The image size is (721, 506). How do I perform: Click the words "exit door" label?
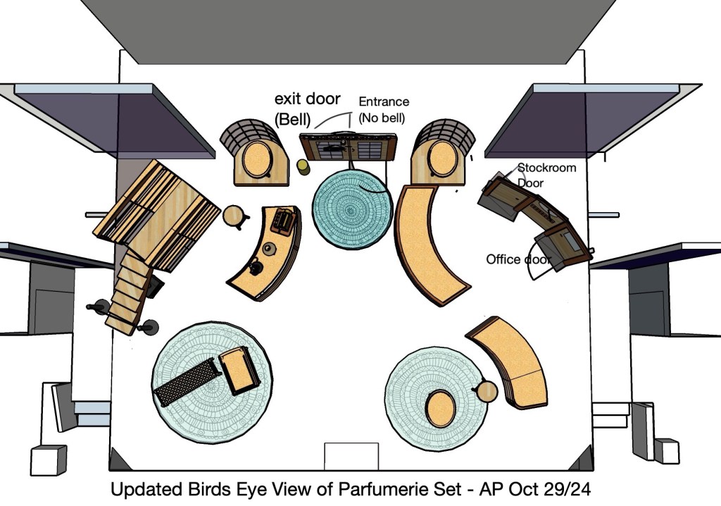[x=308, y=99]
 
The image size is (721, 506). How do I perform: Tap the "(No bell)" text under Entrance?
[x=383, y=118]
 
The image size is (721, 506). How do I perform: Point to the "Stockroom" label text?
[x=546, y=168]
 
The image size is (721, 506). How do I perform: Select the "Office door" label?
[x=518, y=259]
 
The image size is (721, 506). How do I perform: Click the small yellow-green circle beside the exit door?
[x=303, y=166]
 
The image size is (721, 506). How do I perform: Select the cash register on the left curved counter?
[x=284, y=221]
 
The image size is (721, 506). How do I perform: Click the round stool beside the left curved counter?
[x=234, y=216]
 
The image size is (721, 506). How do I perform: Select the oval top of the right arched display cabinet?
[x=441, y=156]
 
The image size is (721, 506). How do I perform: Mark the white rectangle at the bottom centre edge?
[x=351, y=455]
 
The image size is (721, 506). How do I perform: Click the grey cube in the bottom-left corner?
[x=48, y=460]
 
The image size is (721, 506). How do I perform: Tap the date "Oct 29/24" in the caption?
[x=550, y=489]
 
